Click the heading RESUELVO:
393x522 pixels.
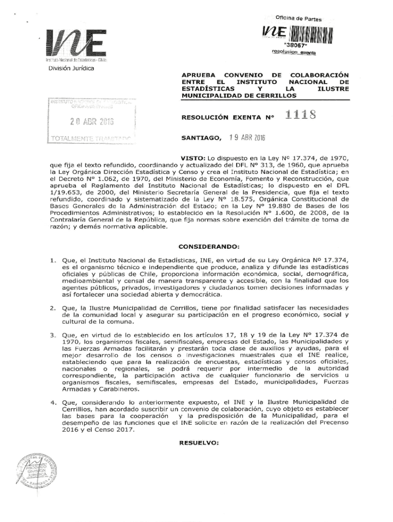199,442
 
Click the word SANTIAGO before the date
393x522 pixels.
202,138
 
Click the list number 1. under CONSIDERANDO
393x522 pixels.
53,260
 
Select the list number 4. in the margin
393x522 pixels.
53,403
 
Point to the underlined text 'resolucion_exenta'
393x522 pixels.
294,52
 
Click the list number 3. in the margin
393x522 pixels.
53,334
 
